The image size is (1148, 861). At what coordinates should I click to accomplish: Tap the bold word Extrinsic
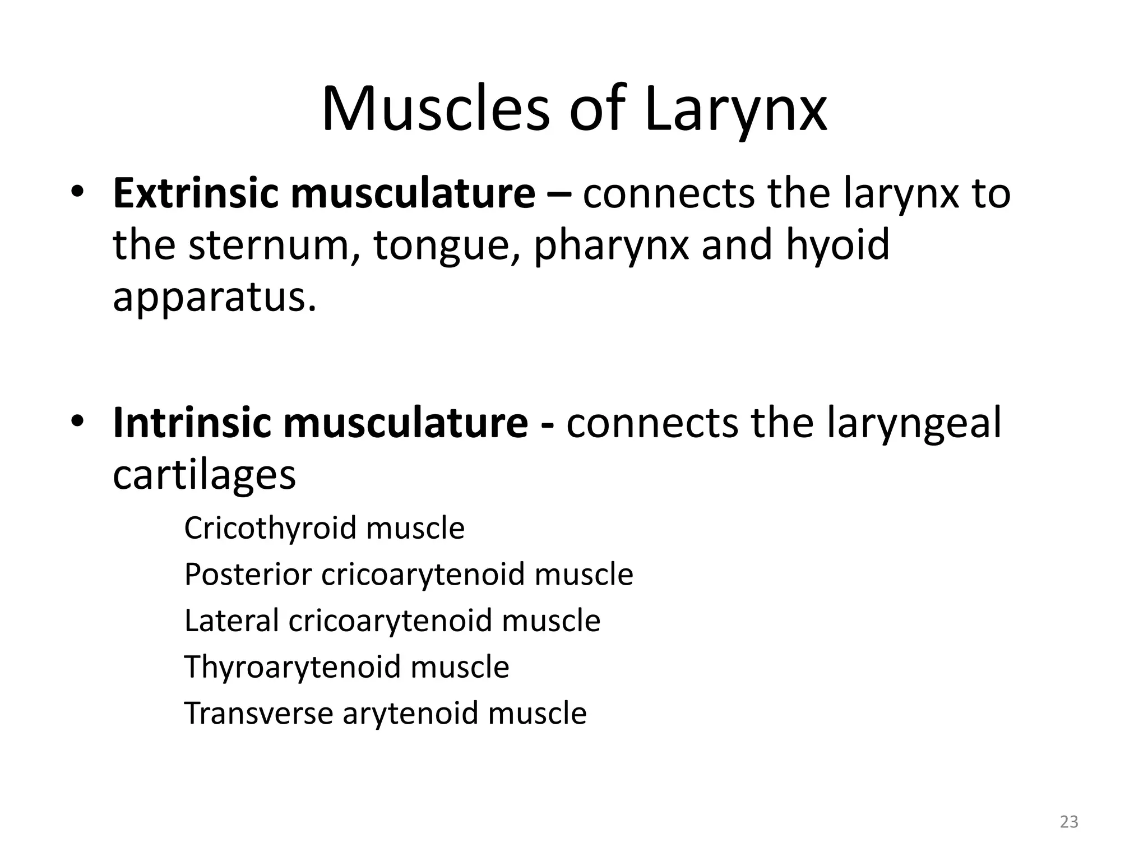(x=195, y=193)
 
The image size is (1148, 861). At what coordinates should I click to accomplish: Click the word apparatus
(x=214, y=298)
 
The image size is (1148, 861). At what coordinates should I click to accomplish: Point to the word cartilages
(x=204, y=475)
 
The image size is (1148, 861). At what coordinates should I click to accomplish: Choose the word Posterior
(x=248, y=575)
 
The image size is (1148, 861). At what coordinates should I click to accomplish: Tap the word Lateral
(x=231, y=621)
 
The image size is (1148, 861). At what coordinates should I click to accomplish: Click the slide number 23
(x=1069, y=822)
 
